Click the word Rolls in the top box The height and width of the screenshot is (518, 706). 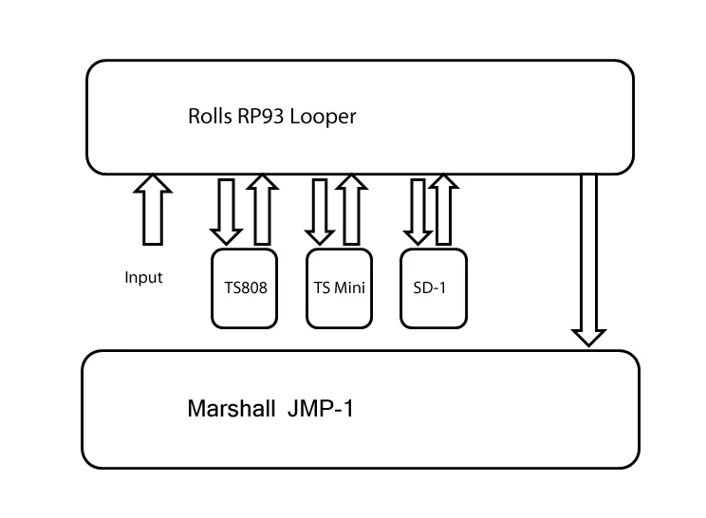click(x=208, y=118)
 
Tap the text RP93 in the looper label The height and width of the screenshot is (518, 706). click(x=254, y=118)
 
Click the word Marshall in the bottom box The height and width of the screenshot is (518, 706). click(x=229, y=411)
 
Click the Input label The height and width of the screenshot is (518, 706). click(x=143, y=278)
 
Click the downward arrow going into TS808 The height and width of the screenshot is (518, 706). click(x=227, y=210)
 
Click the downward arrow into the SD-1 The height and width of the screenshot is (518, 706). click(x=417, y=210)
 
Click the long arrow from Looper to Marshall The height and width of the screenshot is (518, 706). click(x=588, y=256)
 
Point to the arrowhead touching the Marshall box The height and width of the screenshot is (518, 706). click(x=588, y=336)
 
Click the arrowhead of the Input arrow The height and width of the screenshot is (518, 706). click(x=154, y=183)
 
